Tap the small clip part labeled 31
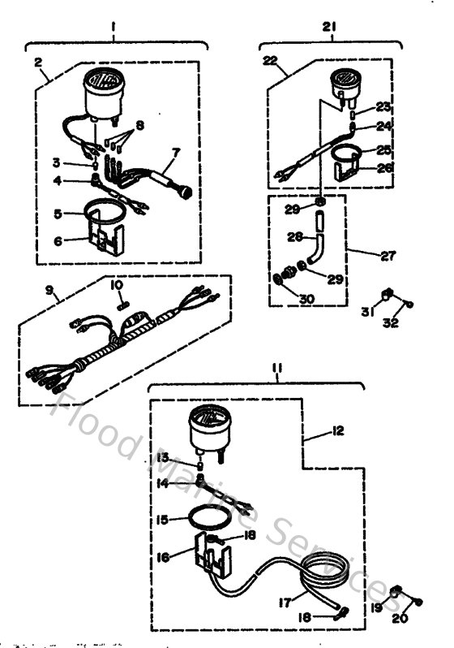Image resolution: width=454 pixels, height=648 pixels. (x=388, y=294)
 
